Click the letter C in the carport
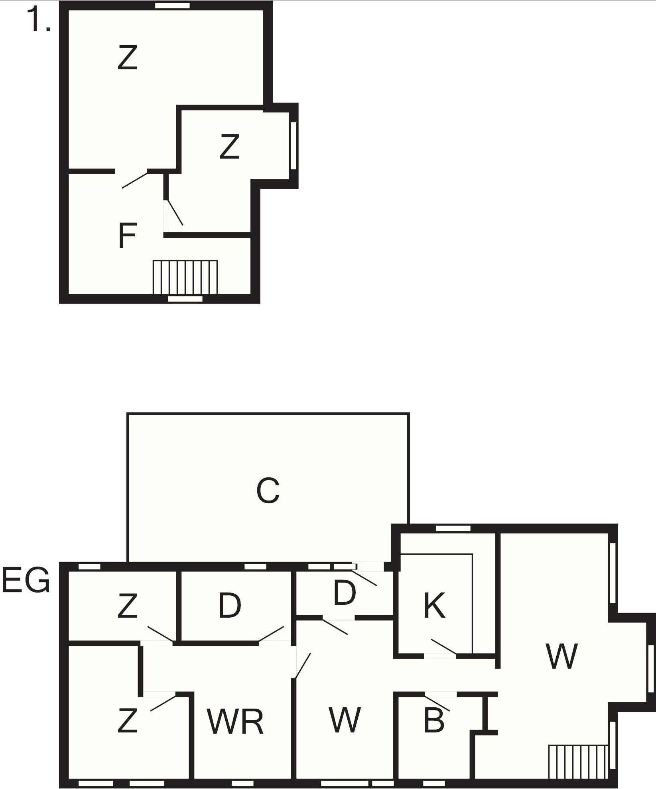(x=268, y=490)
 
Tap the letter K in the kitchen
(x=434, y=605)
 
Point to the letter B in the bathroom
(x=434, y=720)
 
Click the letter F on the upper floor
(x=128, y=236)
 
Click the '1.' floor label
(x=39, y=20)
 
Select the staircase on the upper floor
(x=185, y=277)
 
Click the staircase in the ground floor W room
(x=578, y=762)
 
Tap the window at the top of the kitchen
(x=453, y=528)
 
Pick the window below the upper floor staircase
(x=185, y=299)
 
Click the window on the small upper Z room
(x=294, y=145)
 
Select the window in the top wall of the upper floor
(x=172, y=5)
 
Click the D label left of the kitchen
(x=344, y=593)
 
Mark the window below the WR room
(x=242, y=783)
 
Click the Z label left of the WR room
(x=128, y=720)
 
